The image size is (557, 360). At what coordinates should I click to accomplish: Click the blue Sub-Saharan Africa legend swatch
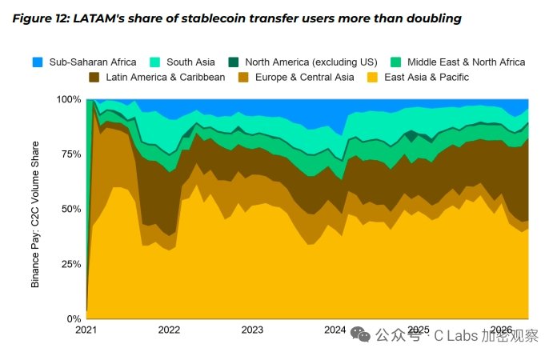(38, 62)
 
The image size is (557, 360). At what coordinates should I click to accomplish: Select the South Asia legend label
(190, 62)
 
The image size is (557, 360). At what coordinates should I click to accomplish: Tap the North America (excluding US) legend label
(311, 62)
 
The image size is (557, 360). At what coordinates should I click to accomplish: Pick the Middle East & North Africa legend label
(466, 62)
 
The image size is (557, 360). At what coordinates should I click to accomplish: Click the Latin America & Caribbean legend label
(165, 78)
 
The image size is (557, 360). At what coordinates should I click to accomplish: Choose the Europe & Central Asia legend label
(304, 78)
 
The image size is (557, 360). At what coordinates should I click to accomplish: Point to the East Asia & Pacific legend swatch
(372, 78)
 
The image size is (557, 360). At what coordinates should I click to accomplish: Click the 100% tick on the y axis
(69, 99)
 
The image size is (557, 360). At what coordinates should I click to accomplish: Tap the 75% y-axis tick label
(71, 154)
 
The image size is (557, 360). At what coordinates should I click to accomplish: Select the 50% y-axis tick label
(71, 209)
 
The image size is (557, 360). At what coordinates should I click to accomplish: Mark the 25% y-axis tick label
(71, 264)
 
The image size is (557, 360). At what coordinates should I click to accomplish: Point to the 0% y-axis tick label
(74, 319)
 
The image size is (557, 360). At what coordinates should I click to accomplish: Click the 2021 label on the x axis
(86, 330)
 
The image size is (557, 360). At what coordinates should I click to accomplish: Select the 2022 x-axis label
(169, 330)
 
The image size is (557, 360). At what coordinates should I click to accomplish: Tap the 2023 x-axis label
(252, 330)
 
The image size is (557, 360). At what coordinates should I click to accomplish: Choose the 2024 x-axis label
(335, 330)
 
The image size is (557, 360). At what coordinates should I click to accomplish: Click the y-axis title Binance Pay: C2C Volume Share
(35, 214)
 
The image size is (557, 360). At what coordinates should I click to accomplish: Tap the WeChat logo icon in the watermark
(360, 334)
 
